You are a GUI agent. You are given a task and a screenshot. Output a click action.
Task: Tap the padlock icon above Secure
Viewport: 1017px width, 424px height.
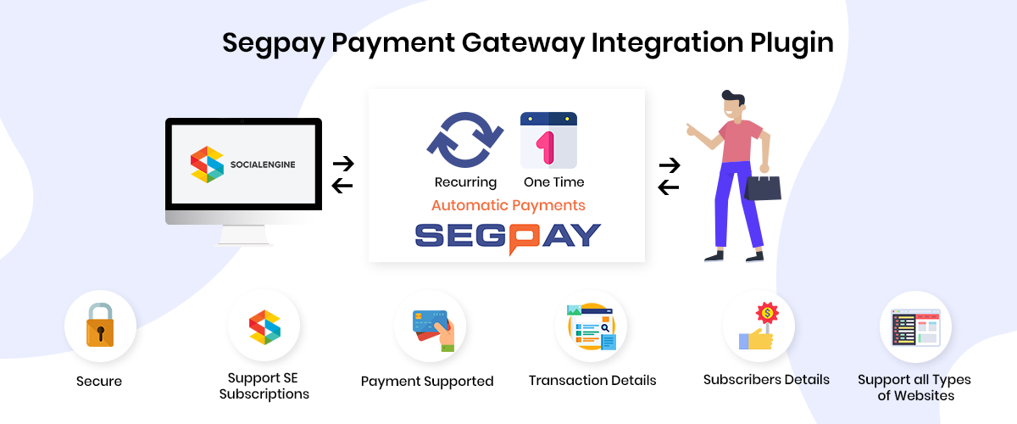[100, 325]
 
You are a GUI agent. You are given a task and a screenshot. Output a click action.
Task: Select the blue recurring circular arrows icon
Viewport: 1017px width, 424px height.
[465, 140]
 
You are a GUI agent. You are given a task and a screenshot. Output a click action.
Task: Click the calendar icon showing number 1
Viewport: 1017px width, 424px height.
[548, 140]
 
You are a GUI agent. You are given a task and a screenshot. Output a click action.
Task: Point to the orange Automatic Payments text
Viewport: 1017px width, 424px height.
[508, 205]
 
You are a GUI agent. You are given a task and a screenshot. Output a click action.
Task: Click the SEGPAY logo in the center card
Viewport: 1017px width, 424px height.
[508, 238]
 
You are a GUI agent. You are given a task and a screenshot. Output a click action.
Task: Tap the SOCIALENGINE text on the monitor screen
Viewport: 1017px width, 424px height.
[263, 165]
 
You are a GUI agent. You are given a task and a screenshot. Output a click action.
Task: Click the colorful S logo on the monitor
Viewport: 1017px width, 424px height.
[207, 165]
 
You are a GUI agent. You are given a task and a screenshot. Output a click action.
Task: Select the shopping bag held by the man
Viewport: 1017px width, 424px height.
[763, 187]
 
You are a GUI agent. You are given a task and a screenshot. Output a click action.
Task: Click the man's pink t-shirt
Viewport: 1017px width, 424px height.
[740, 141]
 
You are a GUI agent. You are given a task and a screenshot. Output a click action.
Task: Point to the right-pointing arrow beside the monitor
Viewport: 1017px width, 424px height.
[343, 164]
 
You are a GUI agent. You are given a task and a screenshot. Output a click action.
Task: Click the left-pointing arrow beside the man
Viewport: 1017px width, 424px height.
[669, 187]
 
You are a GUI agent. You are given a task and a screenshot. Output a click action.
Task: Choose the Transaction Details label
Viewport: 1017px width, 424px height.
[592, 381]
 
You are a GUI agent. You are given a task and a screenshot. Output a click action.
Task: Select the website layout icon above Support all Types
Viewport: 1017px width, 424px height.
[916, 327]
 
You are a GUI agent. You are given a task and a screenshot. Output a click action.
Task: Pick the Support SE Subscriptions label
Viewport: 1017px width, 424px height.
[264, 386]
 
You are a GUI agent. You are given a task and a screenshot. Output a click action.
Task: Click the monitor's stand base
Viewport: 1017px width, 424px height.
[244, 236]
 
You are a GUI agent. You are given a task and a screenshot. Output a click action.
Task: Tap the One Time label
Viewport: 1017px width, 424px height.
[554, 182]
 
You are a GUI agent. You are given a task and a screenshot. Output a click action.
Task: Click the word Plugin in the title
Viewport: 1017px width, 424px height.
[792, 43]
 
